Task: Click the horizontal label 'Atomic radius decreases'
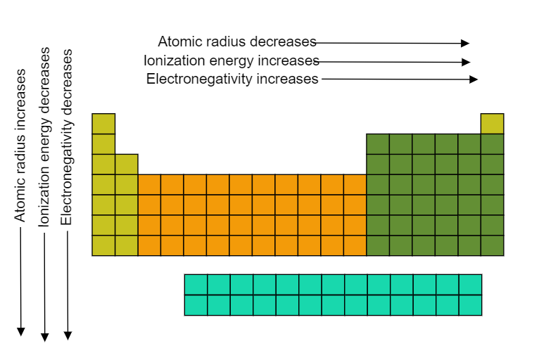click(236, 41)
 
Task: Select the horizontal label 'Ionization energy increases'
click(231, 60)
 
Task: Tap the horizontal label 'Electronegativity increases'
click(232, 79)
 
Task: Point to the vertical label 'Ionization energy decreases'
click(44, 137)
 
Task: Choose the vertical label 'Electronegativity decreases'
click(68, 137)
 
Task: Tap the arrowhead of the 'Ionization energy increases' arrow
click(466, 62)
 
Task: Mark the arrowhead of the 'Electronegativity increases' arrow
click(474, 79)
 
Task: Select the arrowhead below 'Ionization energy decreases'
click(45, 336)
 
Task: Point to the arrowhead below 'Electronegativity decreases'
click(68, 335)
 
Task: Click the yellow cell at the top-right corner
click(493, 123)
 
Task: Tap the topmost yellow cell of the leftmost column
click(103, 123)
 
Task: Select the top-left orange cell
click(149, 184)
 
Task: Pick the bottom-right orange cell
click(355, 245)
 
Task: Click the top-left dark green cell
click(378, 143)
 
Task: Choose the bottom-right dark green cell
click(493, 245)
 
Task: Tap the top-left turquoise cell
click(196, 284)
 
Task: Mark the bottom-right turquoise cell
click(470, 305)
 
